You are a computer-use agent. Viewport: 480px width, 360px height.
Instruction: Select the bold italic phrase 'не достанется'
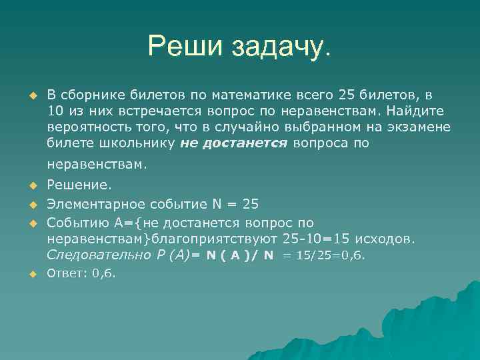pos(233,143)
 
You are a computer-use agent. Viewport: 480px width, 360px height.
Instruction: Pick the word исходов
pos(389,238)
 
